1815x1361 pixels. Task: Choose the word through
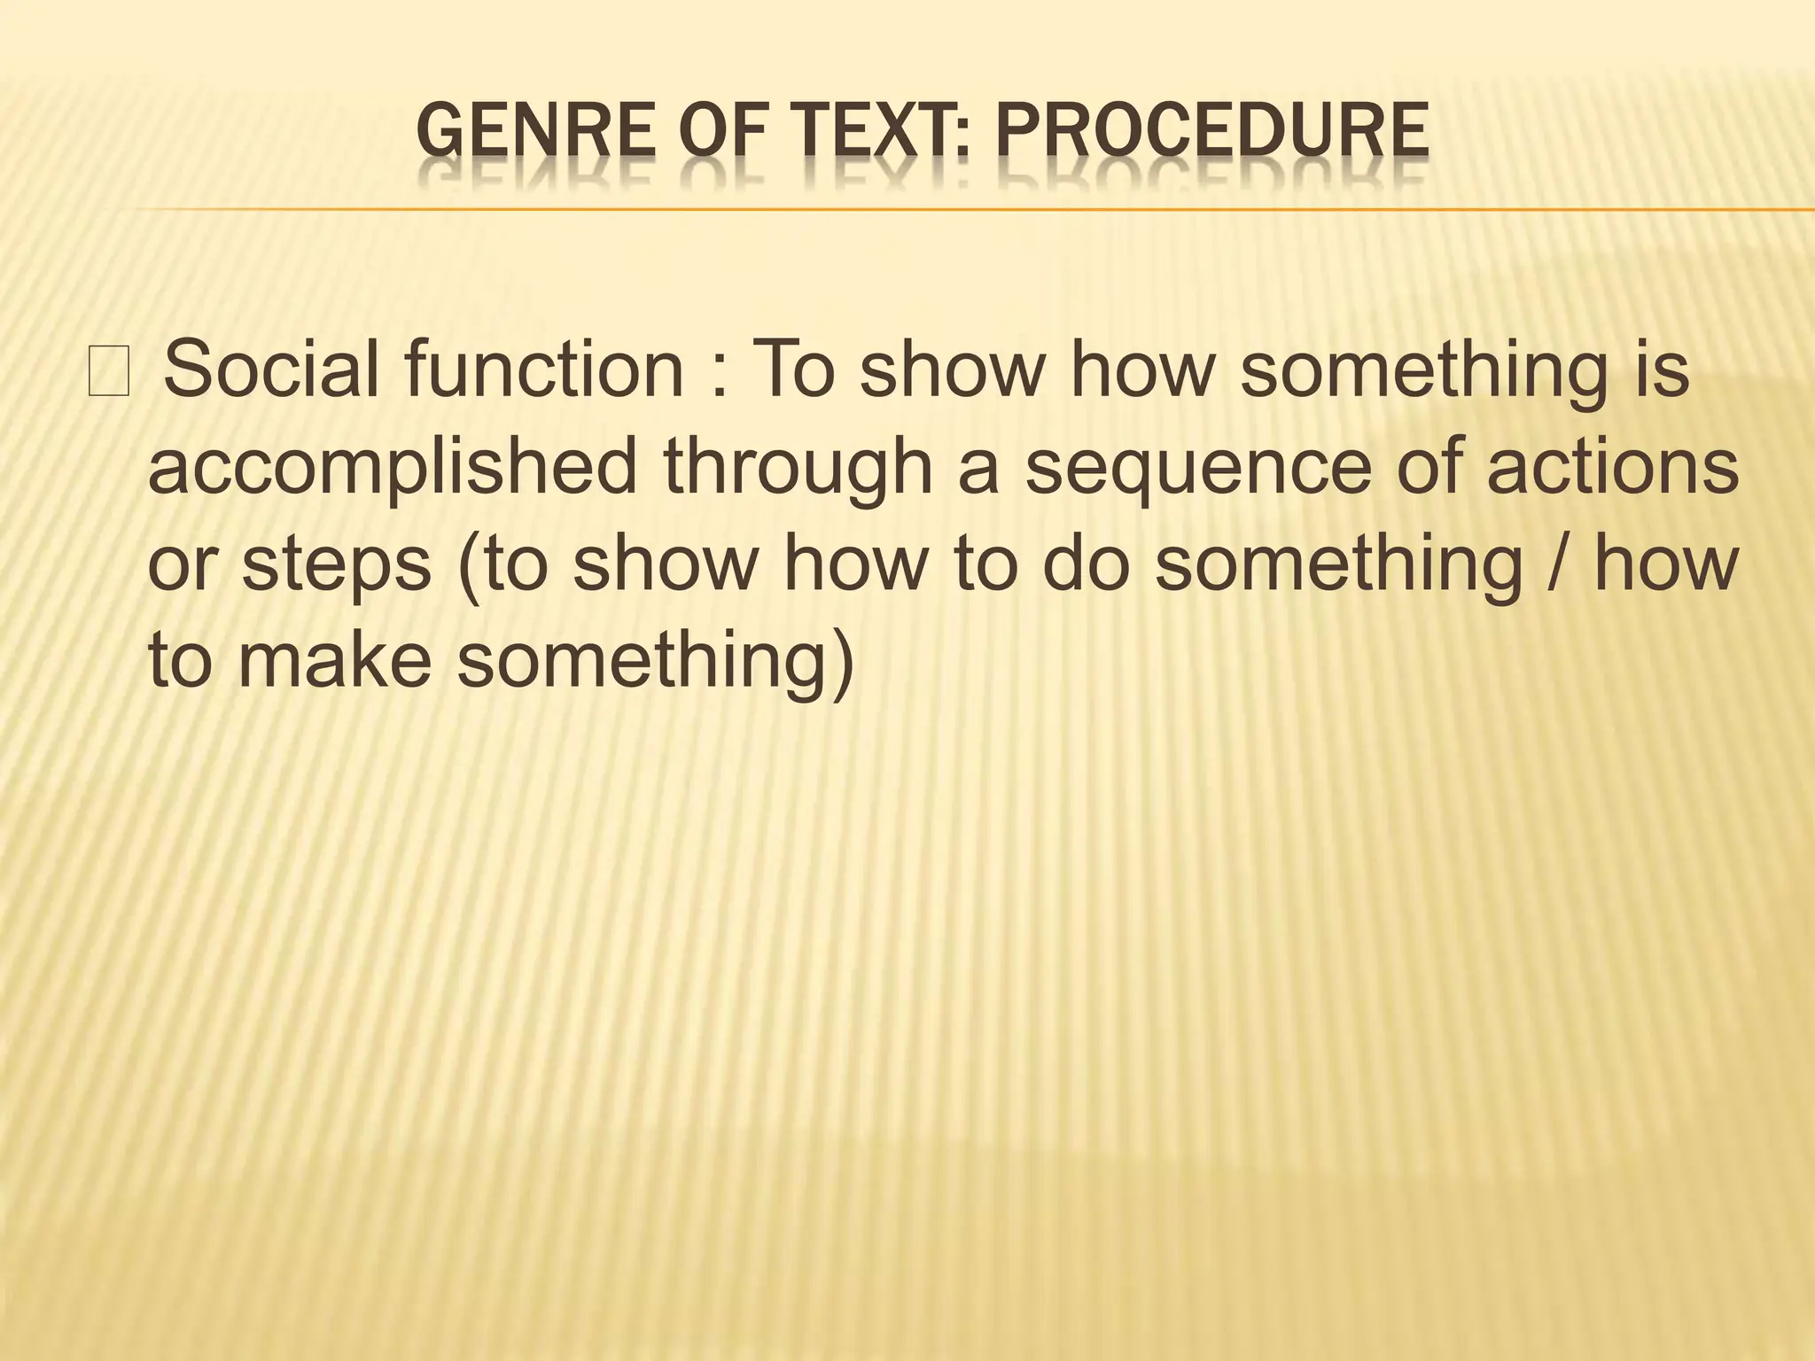coord(798,469)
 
